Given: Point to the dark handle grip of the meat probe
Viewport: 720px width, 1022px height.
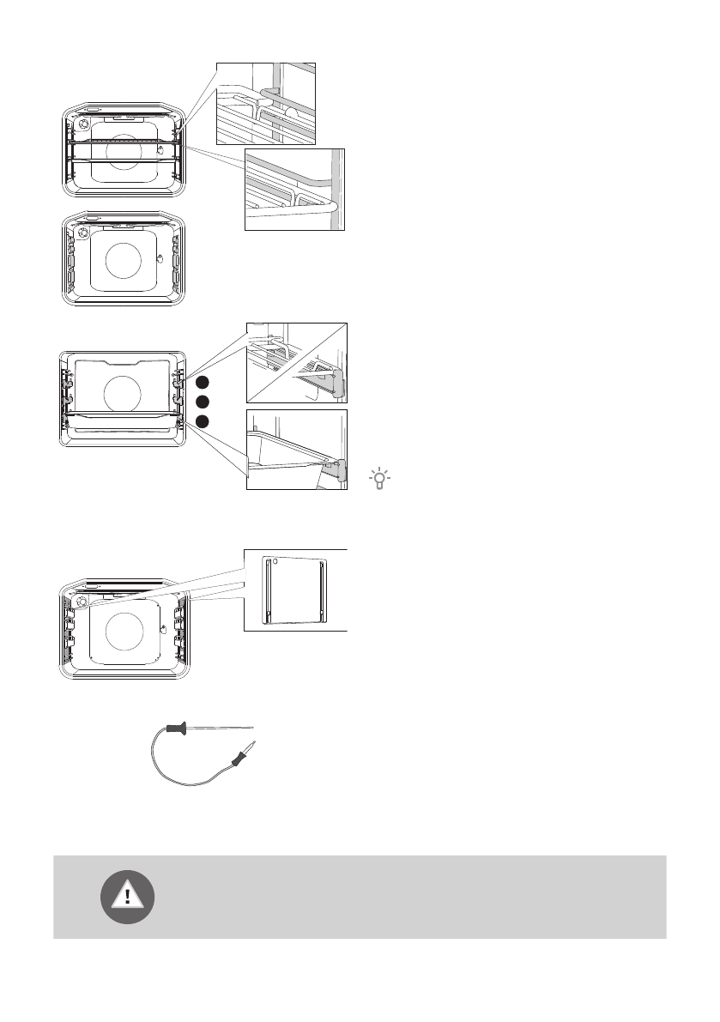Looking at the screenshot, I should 175,730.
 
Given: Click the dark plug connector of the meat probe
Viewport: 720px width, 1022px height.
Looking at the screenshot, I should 238,757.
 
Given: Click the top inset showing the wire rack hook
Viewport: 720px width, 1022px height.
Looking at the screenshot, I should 266,103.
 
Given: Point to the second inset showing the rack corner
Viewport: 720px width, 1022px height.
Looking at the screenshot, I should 295,190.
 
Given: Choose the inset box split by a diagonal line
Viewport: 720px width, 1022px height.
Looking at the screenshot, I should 297,363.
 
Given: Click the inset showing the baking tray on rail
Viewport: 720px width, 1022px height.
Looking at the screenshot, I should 297,449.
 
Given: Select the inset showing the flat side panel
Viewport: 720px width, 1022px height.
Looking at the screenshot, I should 295,589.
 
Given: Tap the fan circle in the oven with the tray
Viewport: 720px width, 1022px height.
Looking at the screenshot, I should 122,395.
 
